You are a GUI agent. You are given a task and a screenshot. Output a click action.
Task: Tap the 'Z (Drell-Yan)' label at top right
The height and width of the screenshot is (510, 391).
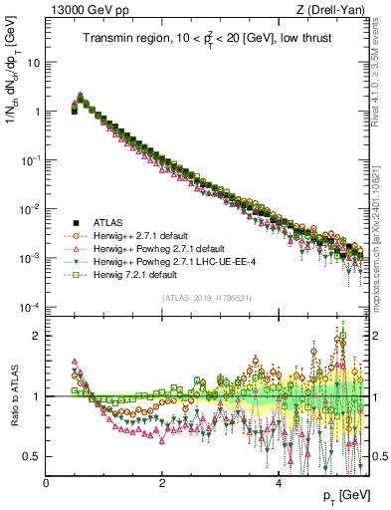pos(335,10)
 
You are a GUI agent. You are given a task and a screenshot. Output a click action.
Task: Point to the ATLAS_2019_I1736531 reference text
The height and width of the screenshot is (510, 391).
pos(208,298)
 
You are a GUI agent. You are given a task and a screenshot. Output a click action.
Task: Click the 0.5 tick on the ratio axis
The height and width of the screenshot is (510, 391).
pos(32,456)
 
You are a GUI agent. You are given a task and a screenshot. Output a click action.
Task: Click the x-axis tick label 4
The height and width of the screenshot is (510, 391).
pos(279,483)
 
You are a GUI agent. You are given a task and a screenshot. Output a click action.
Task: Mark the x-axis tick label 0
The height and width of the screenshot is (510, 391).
pos(46,483)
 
